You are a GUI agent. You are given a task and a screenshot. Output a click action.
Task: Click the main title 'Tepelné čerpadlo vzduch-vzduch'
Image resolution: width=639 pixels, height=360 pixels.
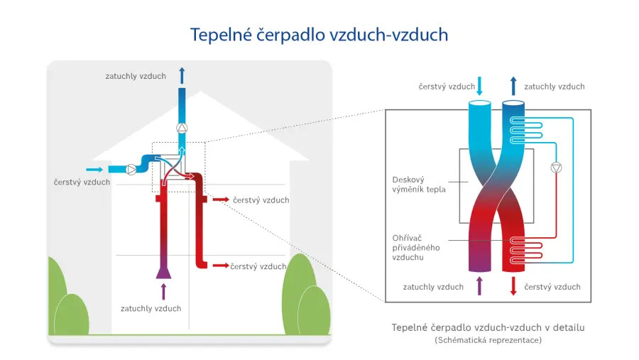(x=319, y=35)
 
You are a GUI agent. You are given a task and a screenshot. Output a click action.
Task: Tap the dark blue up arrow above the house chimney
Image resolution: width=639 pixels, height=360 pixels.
(x=182, y=76)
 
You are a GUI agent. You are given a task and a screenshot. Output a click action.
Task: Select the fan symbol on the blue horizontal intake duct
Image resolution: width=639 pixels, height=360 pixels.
(x=131, y=170)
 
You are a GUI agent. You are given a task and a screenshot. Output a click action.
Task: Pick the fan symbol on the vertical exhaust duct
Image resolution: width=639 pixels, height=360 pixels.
(x=182, y=129)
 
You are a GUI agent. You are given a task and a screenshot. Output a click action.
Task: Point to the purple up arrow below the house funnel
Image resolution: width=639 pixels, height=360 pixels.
(x=164, y=290)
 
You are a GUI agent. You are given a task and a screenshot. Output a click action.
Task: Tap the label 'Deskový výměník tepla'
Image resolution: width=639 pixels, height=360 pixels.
(x=419, y=185)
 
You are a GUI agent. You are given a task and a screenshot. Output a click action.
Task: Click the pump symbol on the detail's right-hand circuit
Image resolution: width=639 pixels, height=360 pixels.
(x=556, y=168)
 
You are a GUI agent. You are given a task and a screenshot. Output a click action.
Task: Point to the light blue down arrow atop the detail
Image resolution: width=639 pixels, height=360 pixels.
(x=479, y=86)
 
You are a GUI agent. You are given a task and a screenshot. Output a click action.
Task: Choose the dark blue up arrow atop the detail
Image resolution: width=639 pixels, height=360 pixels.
(x=513, y=86)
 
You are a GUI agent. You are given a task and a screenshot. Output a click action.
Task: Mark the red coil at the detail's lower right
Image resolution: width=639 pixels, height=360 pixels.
(x=528, y=247)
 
